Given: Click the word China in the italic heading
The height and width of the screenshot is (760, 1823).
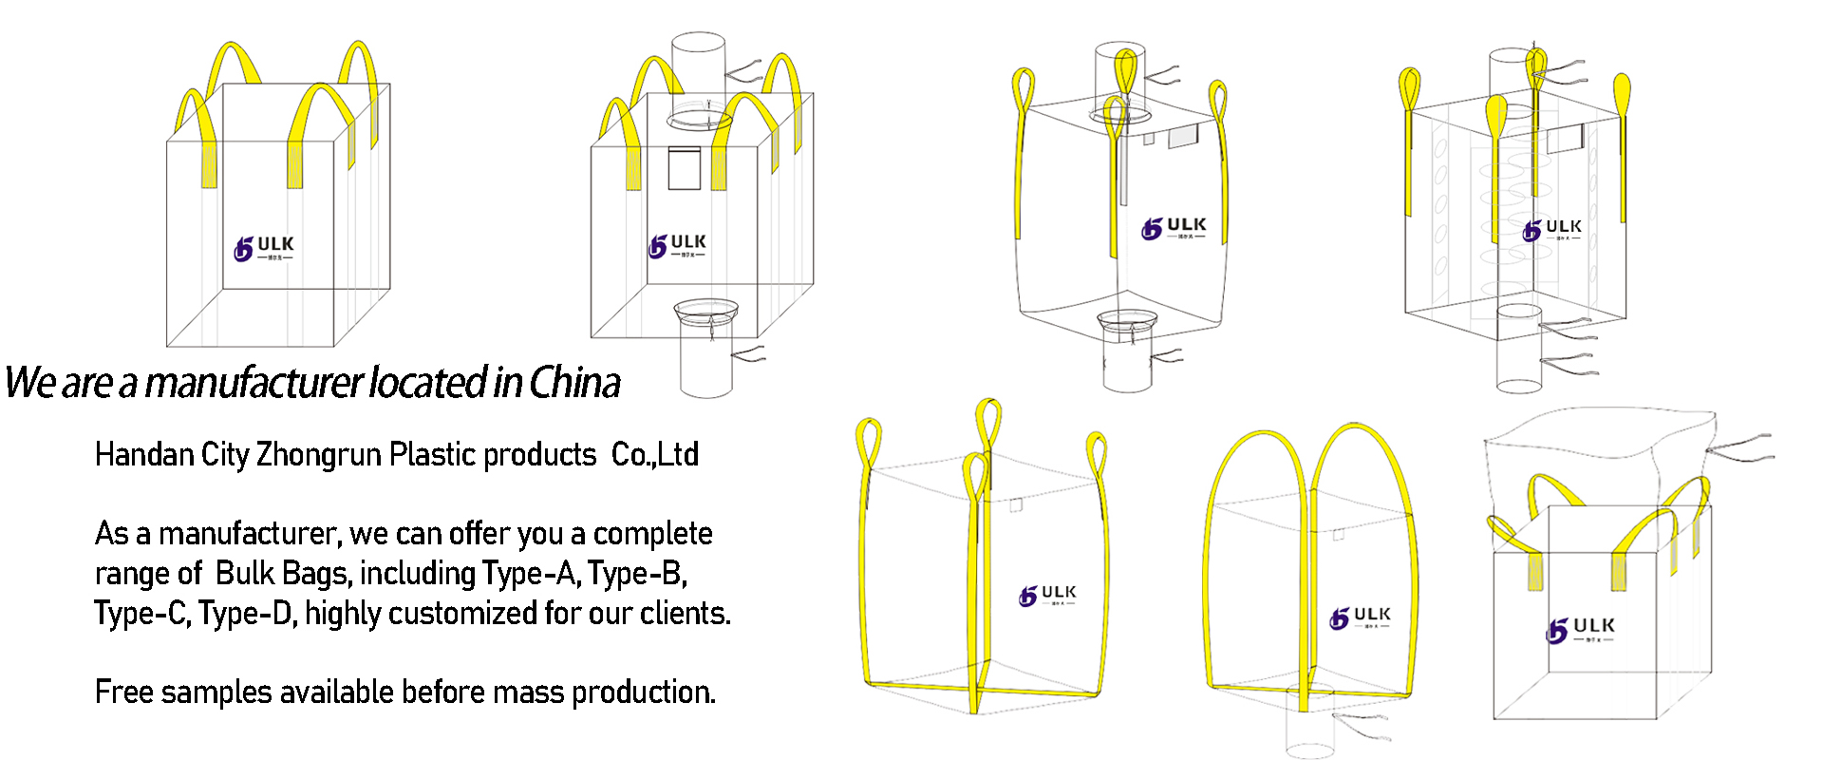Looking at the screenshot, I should [574, 383].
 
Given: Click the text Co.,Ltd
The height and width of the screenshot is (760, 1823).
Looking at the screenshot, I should [654, 455].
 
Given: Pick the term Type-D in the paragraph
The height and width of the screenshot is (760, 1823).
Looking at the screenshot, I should [246, 614].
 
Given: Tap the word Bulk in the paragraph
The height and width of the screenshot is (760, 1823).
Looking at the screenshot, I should [247, 574].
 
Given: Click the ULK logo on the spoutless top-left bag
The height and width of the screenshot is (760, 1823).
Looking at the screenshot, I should [264, 248].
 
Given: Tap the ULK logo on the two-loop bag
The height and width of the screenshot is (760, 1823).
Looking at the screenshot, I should [1360, 617].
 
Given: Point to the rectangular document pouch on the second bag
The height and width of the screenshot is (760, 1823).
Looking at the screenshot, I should [684, 168].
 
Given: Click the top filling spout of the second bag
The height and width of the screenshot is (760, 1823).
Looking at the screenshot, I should [699, 66].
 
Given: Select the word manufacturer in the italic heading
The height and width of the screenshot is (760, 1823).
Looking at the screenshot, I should [254, 383].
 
